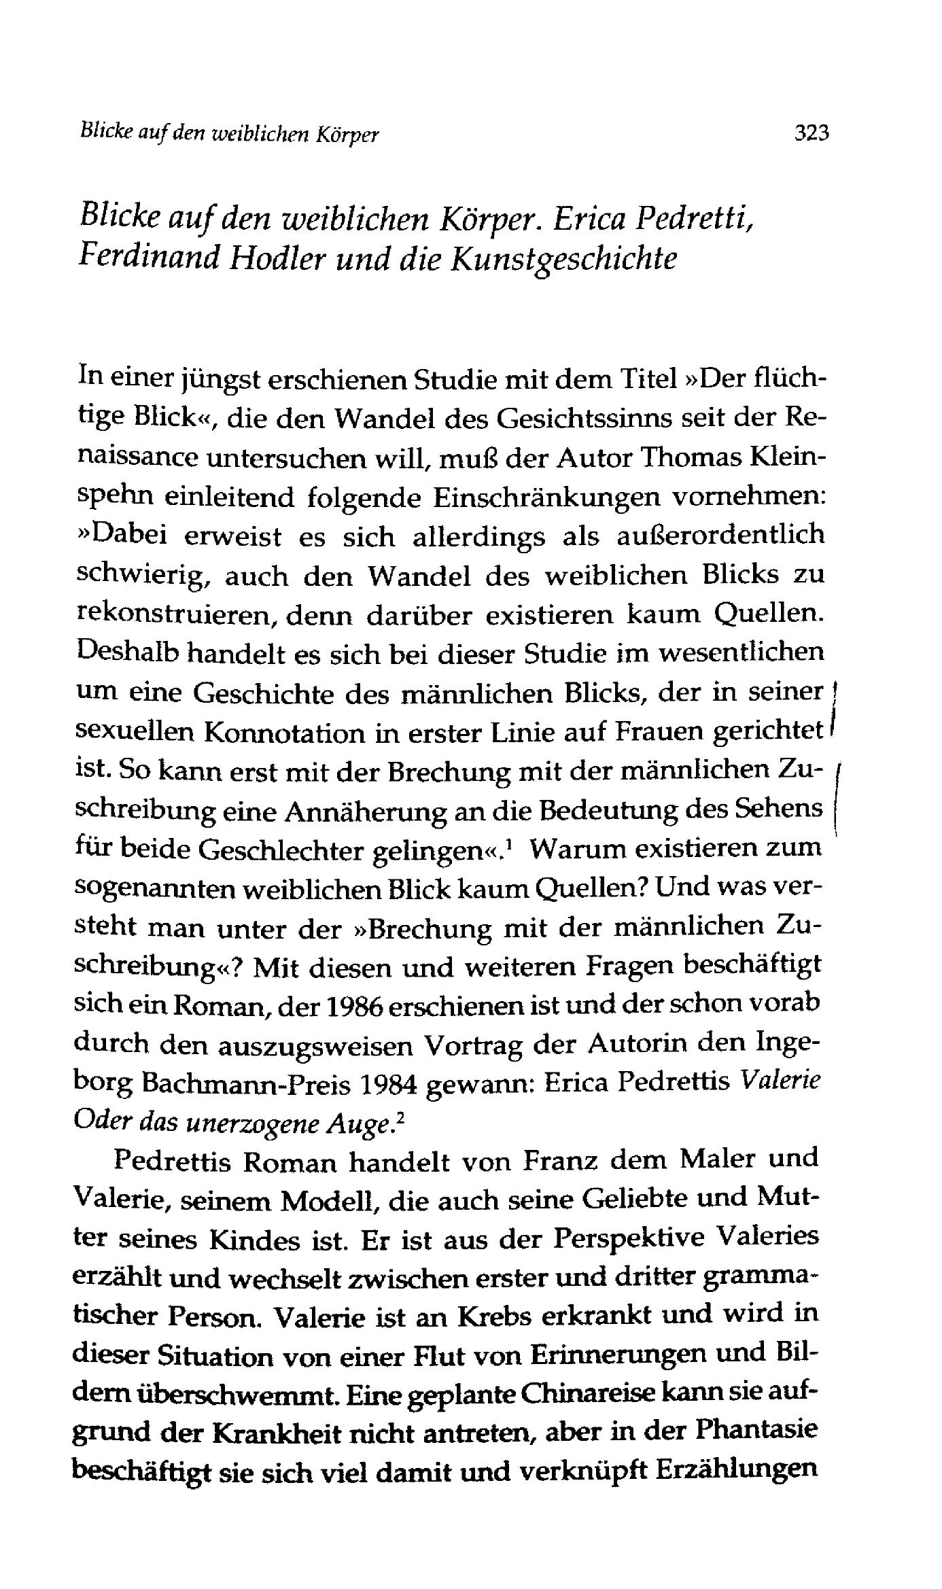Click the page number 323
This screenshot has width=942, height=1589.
pyautogui.click(x=812, y=133)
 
